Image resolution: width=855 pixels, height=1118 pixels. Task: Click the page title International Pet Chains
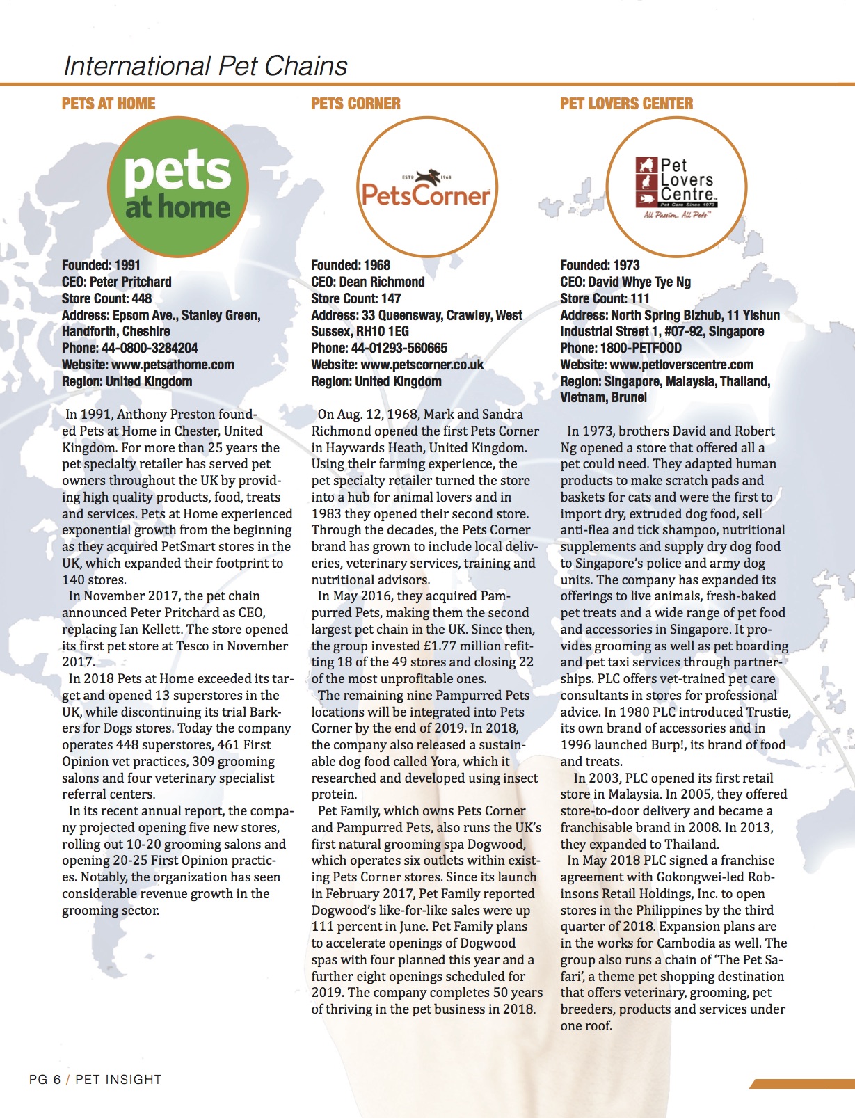coord(205,66)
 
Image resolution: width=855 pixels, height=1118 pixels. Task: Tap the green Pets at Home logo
coord(178,188)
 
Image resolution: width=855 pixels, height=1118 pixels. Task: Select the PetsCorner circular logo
coord(426,188)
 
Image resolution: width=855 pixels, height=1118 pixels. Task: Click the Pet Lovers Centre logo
coord(676,188)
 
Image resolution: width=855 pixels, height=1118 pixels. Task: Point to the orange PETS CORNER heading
coord(355,104)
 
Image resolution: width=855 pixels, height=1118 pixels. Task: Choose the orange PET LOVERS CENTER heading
coord(626,104)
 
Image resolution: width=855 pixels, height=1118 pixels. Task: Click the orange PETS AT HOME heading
coord(109,104)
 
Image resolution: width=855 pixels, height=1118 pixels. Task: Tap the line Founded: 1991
coord(101,265)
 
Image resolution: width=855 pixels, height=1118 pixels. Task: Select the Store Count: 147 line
coord(355,298)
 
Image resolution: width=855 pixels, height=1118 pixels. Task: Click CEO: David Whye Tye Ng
coord(625,282)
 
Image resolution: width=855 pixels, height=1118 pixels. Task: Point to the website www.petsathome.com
coord(173,365)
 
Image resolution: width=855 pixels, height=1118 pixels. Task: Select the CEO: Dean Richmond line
coord(367,282)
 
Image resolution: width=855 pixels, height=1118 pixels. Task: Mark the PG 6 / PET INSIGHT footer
coord(95,1079)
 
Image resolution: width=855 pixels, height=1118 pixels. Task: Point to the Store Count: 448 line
coord(106,298)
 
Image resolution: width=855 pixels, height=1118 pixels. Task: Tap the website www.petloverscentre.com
coord(682,365)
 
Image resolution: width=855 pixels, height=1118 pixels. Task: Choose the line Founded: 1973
coord(600,265)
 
